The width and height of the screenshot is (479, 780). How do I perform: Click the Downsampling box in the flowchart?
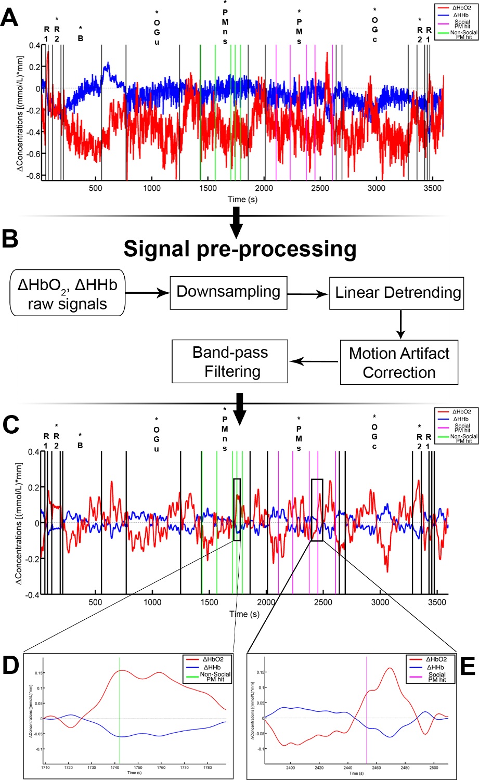[x=228, y=293]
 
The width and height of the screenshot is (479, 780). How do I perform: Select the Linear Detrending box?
[x=396, y=293]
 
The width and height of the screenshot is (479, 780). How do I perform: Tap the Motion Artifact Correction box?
[x=399, y=362]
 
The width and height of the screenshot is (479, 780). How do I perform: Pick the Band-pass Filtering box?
[x=230, y=361]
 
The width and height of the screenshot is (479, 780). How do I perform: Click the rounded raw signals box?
[x=68, y=293]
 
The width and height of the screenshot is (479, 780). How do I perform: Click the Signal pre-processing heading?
[x=240, y=249]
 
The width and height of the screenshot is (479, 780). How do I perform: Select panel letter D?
[x=10, y=667]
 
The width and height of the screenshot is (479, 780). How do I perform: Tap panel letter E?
[x=468, y=667]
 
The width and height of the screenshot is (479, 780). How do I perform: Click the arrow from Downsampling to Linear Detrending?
[x=308, y=294]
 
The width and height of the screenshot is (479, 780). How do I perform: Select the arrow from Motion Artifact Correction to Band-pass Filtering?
[x=314, y=361]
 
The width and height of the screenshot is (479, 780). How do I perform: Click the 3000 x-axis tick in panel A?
[x=377, y=188]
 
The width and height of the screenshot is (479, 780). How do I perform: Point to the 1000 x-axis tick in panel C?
[x=152, y=602]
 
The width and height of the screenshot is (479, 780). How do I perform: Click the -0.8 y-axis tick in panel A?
[x=34, y=176]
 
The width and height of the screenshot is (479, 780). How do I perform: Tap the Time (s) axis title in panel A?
[x=242, y=199]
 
